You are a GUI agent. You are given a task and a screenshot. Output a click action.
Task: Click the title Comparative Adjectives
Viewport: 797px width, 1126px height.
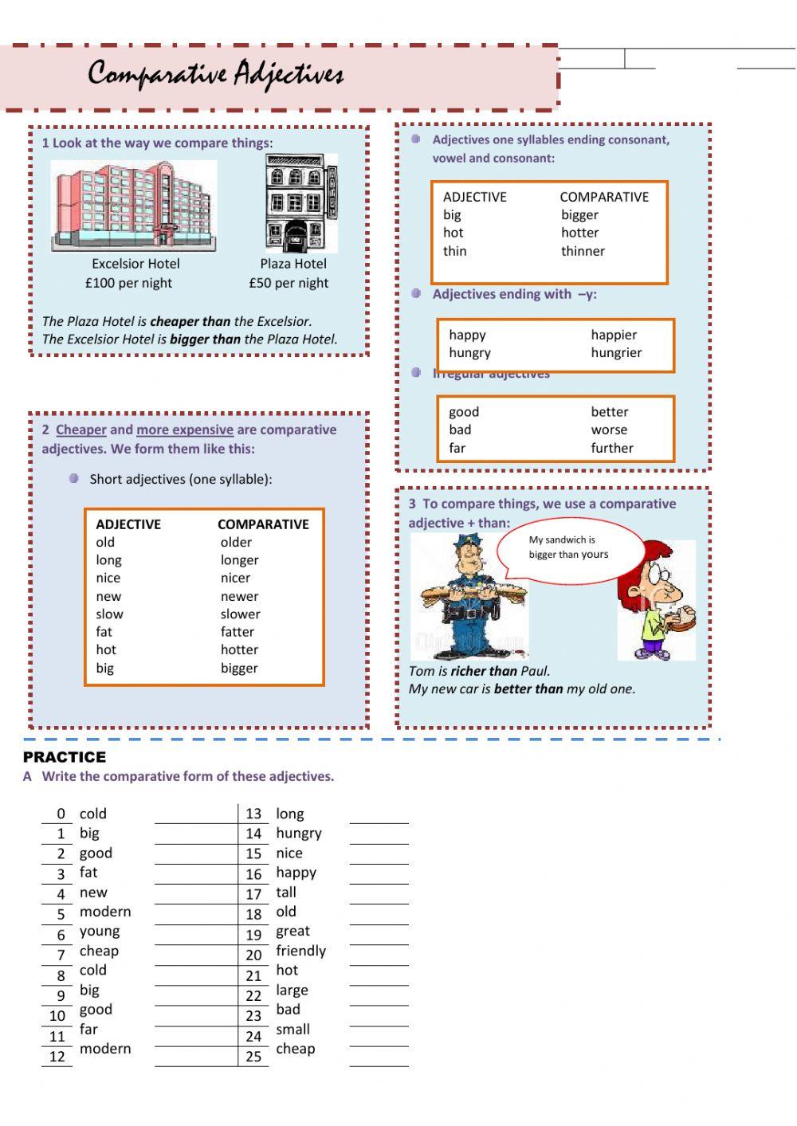point(215,74)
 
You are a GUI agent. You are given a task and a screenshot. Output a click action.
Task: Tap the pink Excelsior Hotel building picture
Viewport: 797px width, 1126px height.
point(134,206)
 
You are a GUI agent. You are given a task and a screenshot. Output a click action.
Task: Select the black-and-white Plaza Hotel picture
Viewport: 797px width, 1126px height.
point(300,203)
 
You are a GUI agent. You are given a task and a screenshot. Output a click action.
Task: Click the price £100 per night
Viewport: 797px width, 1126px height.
point(128,283)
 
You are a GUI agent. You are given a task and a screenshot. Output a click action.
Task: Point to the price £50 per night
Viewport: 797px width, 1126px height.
point(289,283)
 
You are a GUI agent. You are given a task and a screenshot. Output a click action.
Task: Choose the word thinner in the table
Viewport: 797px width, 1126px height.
point(583,251)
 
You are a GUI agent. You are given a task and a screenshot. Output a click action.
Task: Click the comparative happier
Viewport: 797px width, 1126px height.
point(614,335)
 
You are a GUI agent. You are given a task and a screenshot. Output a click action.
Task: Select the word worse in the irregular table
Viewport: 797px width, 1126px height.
point(609,430)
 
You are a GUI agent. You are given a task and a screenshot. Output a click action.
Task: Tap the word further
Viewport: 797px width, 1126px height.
point(612,448)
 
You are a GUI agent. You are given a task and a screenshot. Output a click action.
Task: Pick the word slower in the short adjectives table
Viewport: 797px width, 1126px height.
point(240,614)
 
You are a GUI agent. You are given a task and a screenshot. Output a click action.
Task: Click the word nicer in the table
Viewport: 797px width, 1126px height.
point(235,579)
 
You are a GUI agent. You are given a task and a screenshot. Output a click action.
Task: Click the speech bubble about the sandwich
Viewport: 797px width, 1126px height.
point(569,547)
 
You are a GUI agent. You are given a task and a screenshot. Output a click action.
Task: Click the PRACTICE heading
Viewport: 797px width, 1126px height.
point(65,757)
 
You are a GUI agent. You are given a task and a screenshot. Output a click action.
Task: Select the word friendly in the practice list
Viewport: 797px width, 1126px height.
point(300,951)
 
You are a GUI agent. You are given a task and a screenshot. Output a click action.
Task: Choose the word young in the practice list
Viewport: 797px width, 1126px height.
point(100,932)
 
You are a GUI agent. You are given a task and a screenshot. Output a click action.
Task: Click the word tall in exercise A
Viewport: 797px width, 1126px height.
point(285,893)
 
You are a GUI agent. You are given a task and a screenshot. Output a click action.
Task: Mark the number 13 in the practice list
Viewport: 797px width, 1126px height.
point(253,814)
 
